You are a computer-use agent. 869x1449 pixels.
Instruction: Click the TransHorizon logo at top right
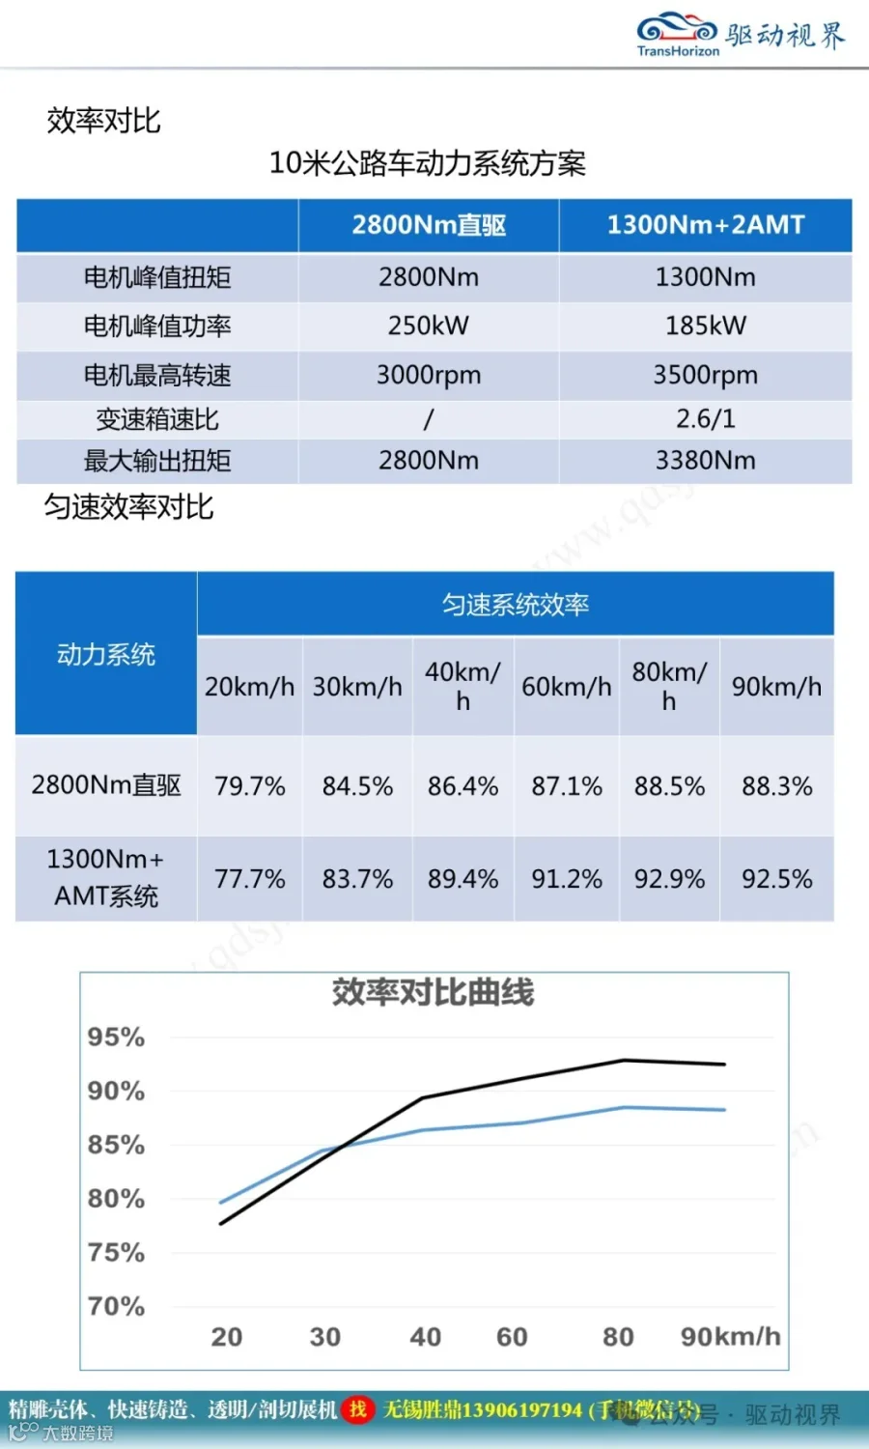[x=741, y=34]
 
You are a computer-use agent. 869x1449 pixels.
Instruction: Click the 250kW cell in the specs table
[x=428, y=326]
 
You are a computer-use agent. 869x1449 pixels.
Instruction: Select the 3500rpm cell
[x=706, y=375]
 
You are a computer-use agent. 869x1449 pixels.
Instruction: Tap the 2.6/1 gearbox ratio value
[x=706, y=419]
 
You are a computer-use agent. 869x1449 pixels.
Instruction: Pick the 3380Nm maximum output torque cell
[x=706, y=461]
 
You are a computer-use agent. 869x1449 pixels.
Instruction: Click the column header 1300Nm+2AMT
[x=706, y=224]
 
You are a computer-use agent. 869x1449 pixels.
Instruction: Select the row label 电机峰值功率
[x=157, y=326]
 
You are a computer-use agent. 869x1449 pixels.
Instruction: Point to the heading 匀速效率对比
[x=128, y=506]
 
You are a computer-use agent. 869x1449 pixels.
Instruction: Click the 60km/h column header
[x=567, y=686]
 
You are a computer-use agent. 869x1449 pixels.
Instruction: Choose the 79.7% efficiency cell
[x=249, y=786]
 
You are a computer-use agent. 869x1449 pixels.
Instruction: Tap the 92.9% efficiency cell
[x=669, y=879]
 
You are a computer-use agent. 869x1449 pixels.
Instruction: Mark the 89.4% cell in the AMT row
[x=463, y=879]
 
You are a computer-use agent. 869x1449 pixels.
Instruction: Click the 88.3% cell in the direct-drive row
[x=776, y=786]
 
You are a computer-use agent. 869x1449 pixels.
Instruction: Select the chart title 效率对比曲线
[x=434, y=992]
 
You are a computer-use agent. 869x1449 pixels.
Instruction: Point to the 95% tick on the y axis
[x=117, y=1037]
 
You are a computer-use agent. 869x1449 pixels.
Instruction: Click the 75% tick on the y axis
[x=117, y=1252]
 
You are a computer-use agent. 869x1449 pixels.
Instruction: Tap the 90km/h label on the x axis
[x=731, y=1336]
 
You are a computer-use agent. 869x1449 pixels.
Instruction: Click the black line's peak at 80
[x=624, y=1060]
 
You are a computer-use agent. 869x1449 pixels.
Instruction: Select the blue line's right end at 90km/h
[x=725, y=1109]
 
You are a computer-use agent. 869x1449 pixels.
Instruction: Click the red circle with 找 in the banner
[x=357, y=1409]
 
